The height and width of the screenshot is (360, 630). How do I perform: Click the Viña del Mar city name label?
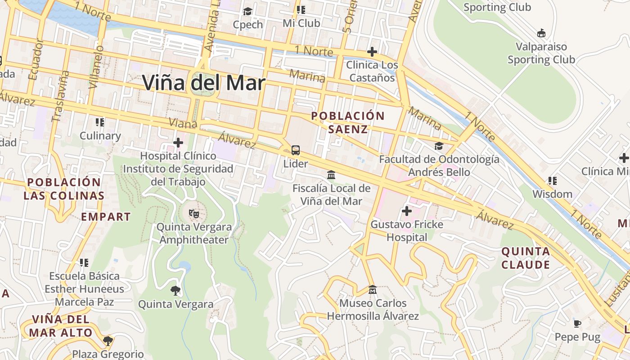coord(204,83)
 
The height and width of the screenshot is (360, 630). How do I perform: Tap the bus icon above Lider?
coord(296,150)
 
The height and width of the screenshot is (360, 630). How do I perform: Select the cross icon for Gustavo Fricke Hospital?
coord(407,211)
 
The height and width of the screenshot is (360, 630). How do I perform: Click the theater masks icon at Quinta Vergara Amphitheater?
coord(194,214)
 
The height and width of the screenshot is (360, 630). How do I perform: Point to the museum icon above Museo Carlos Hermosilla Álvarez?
coord(372,290)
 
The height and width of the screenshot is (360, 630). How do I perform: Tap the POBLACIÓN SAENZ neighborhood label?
coord(348,122)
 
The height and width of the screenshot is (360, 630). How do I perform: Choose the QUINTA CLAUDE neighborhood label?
coord(526,258)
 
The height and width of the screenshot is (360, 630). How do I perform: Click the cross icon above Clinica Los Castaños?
coord(372,51)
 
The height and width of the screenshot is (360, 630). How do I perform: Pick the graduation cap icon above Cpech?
coord(247,11)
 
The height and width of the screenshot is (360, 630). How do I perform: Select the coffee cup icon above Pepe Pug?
coord(577,323)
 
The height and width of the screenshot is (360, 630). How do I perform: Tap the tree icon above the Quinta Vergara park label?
coord(175,291)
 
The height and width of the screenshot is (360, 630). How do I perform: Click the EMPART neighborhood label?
coord(106,217)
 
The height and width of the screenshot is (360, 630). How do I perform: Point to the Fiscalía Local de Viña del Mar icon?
coord(331,175)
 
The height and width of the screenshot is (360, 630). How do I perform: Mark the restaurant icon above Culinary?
coord(100,122)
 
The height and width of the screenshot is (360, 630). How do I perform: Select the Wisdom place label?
coord(552,194)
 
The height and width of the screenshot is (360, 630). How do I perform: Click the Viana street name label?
coord(183,122)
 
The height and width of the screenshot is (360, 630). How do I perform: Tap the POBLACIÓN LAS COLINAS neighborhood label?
coord(64,189)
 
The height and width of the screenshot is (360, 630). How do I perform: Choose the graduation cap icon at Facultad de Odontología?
coord(439,146)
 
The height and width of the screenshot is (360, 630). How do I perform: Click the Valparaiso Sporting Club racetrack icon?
coord(541,33)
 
